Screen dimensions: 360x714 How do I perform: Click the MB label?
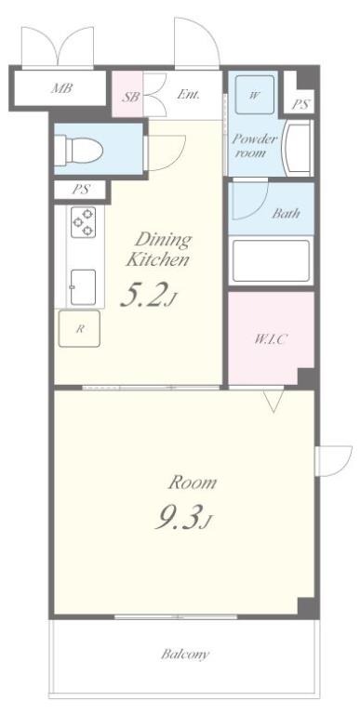point(61,88)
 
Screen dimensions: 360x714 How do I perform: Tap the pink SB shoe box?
point(128,94)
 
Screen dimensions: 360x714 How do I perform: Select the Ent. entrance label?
point(189,95)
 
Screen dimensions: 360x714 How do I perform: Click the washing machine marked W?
point(255,94)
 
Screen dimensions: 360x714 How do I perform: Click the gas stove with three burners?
point(84,222)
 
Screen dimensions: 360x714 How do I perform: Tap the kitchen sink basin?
point(84,287)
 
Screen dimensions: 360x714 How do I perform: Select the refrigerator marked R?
point(79,328)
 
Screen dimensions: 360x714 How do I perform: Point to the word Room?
point(193,483)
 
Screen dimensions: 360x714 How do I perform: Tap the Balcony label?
point(185,654)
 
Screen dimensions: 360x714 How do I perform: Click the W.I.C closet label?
point(271,338)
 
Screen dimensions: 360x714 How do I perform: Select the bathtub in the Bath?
point(271,260)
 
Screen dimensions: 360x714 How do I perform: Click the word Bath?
point(286,213)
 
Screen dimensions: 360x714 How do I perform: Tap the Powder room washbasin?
point(297,148)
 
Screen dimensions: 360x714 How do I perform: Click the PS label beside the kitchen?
point(81,190)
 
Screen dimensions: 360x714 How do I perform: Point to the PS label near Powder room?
point(300,105)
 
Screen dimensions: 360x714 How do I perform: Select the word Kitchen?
point(157,260)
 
